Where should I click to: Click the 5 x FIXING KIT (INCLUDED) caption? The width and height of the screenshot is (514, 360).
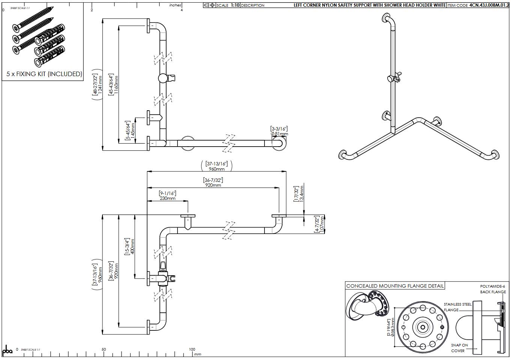pos(44,74)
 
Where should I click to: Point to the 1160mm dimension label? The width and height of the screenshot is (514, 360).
pos(116,85)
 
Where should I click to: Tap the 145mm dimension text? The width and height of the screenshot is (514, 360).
pos(132,130)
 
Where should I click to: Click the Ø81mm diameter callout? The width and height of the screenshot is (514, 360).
pos(279,134)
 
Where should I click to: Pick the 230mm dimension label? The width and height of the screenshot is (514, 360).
pos(168,198)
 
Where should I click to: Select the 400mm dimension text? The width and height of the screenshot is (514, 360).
pos(132,246)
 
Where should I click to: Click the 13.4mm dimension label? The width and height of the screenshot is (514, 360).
pos(302,194)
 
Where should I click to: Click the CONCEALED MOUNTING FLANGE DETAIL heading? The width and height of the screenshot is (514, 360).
pos(395,286)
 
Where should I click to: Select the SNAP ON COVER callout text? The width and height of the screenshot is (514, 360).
pos(459,348)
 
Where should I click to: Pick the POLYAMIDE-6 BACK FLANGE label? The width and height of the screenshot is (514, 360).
pos(493,289)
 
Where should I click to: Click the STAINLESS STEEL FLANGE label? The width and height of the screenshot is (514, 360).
pos(457,307)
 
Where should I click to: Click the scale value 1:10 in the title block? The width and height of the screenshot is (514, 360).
pos(235,5)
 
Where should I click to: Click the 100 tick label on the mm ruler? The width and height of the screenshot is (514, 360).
pos(192,349)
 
